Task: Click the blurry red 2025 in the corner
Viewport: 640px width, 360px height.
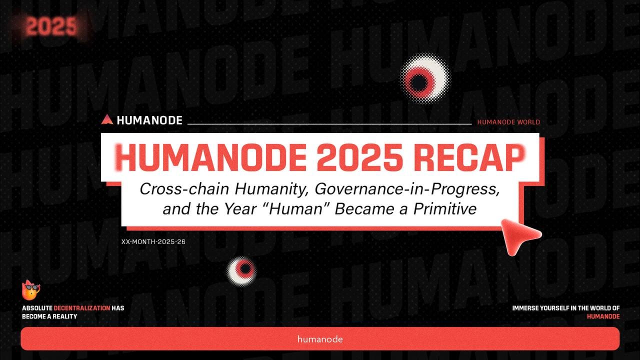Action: pyautogui.click(x=51, y=26)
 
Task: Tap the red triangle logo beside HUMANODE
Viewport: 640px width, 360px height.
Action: pyautogui.click(x=106, y=119)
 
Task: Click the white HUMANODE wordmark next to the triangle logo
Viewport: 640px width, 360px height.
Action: pyautogui.click(x=149, y=120)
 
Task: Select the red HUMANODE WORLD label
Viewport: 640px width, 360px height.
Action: pyautogui.click(x=508, y=122)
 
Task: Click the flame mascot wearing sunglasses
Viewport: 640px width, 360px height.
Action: pyautogui.click(x=31, y=290)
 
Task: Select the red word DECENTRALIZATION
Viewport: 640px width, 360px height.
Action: pyautogui.click(x=81, y=308)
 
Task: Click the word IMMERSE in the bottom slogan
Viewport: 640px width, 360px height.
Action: pyautogui.click(x=526, y=308)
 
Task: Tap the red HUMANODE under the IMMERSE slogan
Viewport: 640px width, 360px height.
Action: pyautogui.click(x=603, y=316)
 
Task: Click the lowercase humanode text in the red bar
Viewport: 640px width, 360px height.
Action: pyautogui.click(x=320, y=339)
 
